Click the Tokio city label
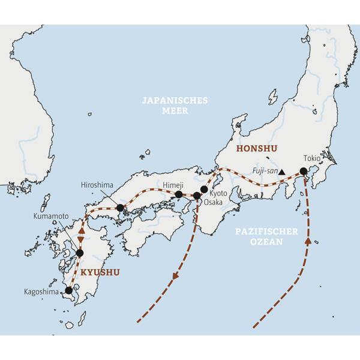point(312,158)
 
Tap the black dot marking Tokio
point(304,172)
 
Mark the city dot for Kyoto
point(204,189)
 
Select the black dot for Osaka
point(197,196)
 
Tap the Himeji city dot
point(178,194)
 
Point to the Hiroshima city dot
point(120,208)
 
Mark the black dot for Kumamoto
point(80,253)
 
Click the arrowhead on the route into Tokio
point(309,241)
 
